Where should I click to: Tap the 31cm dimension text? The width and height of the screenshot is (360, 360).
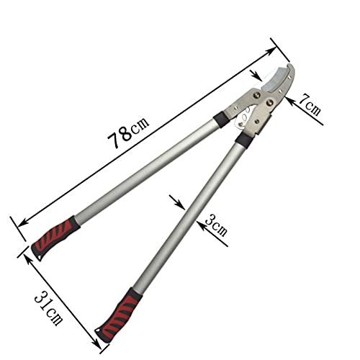click(48, 308)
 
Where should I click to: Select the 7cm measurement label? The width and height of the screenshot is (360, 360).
click(310, 105)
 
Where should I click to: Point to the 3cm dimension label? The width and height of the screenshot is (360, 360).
click(216, 225)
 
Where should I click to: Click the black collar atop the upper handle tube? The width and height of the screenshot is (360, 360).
click(222, 120)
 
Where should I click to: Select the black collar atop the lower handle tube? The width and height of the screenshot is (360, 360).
click(244, 140)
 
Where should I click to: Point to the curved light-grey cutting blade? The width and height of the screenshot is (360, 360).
click(276, 78)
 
